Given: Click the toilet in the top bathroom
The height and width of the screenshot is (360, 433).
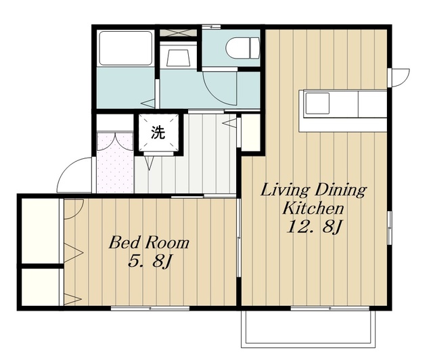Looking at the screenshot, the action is (243, 48).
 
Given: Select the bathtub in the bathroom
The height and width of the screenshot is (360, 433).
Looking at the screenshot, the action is (126, 48).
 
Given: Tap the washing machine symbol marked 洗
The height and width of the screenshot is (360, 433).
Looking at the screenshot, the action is (158, 133).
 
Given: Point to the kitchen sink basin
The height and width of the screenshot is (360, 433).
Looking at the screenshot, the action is (317, 104).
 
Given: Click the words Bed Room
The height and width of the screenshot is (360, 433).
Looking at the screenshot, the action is (149, 243).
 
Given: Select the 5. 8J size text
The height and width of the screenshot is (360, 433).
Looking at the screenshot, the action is (150, 261).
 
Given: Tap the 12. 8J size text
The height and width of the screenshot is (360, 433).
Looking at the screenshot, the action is (314, 227).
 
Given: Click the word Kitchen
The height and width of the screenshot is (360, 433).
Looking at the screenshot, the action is (313, 208).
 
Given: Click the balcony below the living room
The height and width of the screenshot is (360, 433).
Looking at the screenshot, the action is (309, 329).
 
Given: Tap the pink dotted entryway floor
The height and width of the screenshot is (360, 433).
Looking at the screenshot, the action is (115, 162).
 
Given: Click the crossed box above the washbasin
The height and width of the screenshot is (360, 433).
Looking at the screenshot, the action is (179, 32).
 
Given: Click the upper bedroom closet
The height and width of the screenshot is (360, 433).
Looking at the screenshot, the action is (41, 231).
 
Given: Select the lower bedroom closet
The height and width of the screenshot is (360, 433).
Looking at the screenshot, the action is (41, 287).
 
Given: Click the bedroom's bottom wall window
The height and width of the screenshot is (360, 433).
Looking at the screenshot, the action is (150, 309).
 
